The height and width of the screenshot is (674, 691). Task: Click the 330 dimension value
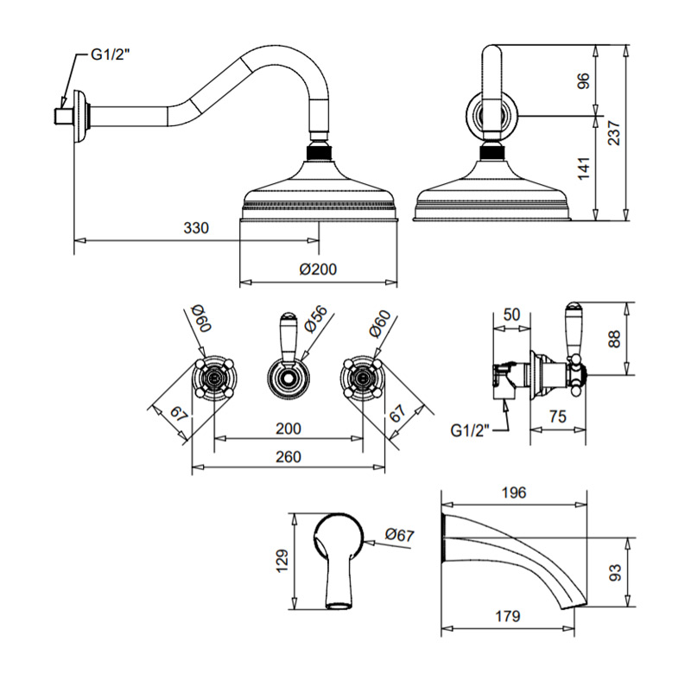[197, 228]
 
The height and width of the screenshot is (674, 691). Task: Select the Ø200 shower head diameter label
[318, 269]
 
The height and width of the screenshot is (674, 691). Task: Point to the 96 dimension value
[583, 80]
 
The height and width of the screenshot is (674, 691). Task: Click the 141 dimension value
[583, 166]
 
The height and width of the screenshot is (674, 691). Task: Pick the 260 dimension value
[288, 456]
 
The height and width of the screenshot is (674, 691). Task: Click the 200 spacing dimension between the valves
[288, 428]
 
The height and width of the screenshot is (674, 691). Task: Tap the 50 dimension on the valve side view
[511, 315]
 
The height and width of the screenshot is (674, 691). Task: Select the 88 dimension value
[614, 339]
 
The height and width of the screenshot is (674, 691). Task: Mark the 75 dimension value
[557, 416]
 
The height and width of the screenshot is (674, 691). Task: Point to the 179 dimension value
[509, 616]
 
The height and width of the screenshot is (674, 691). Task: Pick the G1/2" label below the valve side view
[472, 429]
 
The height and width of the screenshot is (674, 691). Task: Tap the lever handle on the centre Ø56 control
[288, 333]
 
